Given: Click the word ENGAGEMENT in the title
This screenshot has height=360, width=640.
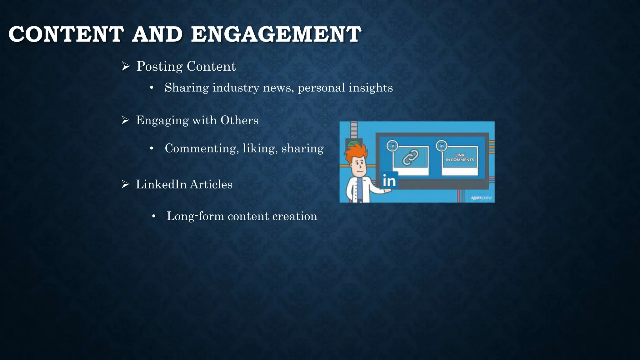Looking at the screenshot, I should point(276,34).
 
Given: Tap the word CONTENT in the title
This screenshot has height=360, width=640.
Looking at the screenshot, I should point(66,34).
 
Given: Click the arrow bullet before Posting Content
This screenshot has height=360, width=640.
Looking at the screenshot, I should point(126,66).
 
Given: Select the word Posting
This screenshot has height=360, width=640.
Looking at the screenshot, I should point(159,67).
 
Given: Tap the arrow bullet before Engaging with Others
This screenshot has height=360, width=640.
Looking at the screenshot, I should point(125,120).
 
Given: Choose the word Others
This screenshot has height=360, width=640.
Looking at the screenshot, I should point(239,120).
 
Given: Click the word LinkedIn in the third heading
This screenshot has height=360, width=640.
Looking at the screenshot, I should point(161,184).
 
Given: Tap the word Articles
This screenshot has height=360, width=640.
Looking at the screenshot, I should point(211,184).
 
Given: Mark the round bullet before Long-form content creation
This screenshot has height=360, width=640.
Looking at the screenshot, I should point(153,216).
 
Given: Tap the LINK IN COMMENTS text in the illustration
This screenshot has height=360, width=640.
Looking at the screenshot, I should point(460,157).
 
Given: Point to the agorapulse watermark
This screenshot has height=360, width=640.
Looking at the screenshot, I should point(481,198).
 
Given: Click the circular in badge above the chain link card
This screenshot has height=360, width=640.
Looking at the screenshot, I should point(392,146).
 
